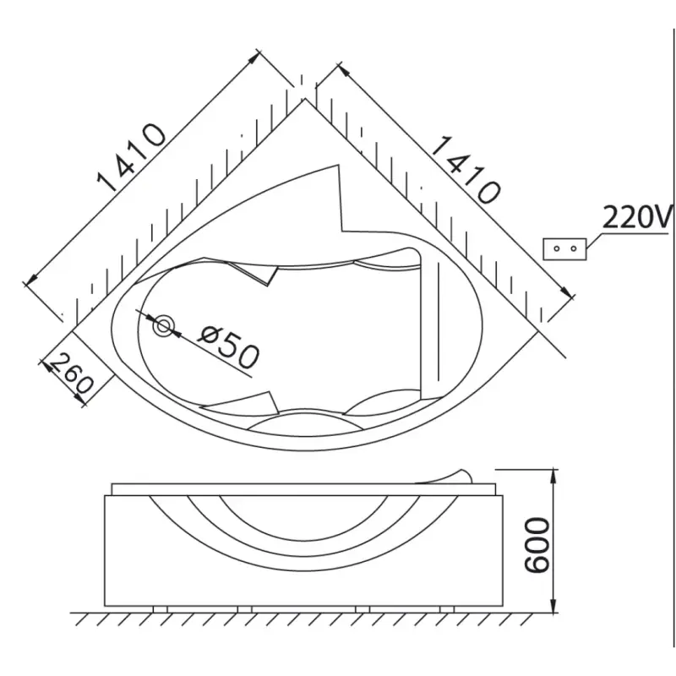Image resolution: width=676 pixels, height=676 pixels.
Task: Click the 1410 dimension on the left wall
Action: click(x=131, y=157)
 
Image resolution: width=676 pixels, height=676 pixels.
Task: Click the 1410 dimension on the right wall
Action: click(x=466, y=170)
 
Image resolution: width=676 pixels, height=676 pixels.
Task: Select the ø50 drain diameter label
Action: click(x=228, y=348)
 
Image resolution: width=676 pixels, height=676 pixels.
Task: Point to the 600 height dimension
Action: click(x=537, y=545)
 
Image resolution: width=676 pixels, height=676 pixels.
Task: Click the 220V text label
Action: click(x=637, y=216)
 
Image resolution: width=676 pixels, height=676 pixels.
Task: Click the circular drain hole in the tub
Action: click(x=163, y=326)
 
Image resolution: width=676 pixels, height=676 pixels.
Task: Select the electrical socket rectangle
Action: click(x=564, y=248)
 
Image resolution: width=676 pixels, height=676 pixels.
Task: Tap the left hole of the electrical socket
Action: click(x=556, y=248)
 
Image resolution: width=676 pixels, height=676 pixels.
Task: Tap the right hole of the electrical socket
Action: click(x=574, y=248)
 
